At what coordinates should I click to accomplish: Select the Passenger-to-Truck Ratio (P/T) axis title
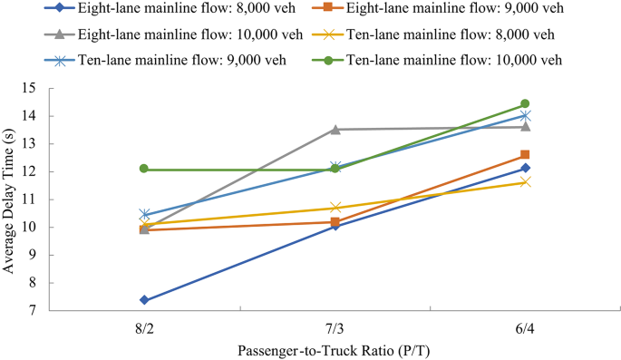click(335, 349)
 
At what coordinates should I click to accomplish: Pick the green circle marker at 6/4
click(525, 104)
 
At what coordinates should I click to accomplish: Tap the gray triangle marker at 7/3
click(335, 130)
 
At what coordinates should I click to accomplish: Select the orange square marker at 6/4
click(525, 155)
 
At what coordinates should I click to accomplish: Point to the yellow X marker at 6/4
click(525, 182)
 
